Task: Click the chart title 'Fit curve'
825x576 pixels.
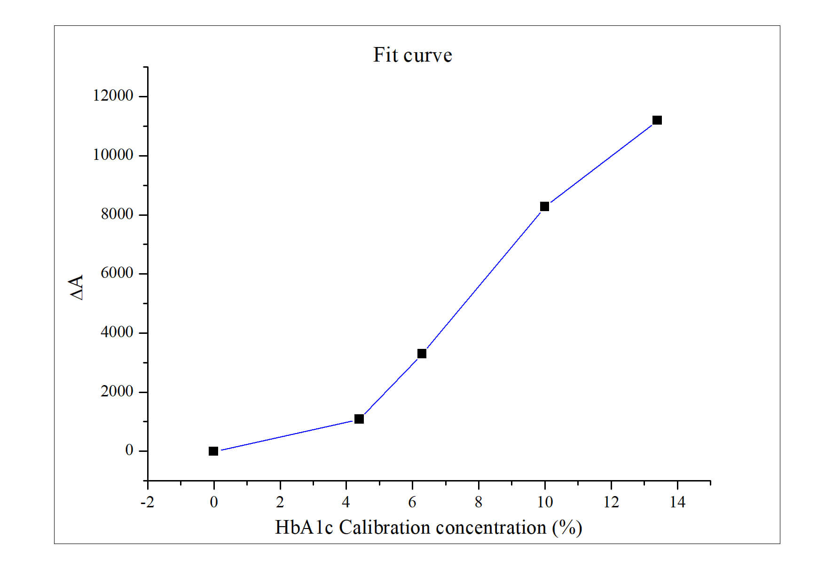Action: (x=412, y=55)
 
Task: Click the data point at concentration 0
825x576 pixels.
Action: (x=213, y=451)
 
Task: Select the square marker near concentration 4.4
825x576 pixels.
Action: (x=359, y=419)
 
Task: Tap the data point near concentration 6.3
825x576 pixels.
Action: (x=422, y=354)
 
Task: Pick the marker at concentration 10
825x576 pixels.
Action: (x=544, y=206)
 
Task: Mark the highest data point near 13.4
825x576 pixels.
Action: (x=657, y=120)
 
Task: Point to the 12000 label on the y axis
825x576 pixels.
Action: (x=113, y=96)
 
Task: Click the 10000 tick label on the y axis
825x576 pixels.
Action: (x=113, y=155)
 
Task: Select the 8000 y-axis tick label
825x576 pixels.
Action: (x=117, y=214)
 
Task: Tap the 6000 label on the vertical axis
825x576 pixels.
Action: (x=117, y=273)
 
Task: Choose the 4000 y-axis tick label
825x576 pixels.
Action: (x=117, y=332)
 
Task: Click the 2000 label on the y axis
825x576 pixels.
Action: (x=117, y=392)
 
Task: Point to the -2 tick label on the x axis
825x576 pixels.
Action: (x=147, y=502)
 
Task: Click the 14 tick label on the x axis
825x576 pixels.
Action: (x=677, y=502)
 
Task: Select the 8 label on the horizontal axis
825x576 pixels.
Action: (x=479, y=502)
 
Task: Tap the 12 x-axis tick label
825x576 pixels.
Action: (x=611, y=502)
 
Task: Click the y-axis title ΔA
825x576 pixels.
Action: (x=77, y=287)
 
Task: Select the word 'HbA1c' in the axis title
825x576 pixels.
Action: (x=304, y=528)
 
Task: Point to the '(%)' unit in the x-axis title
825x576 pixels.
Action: (x=567, y=528)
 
